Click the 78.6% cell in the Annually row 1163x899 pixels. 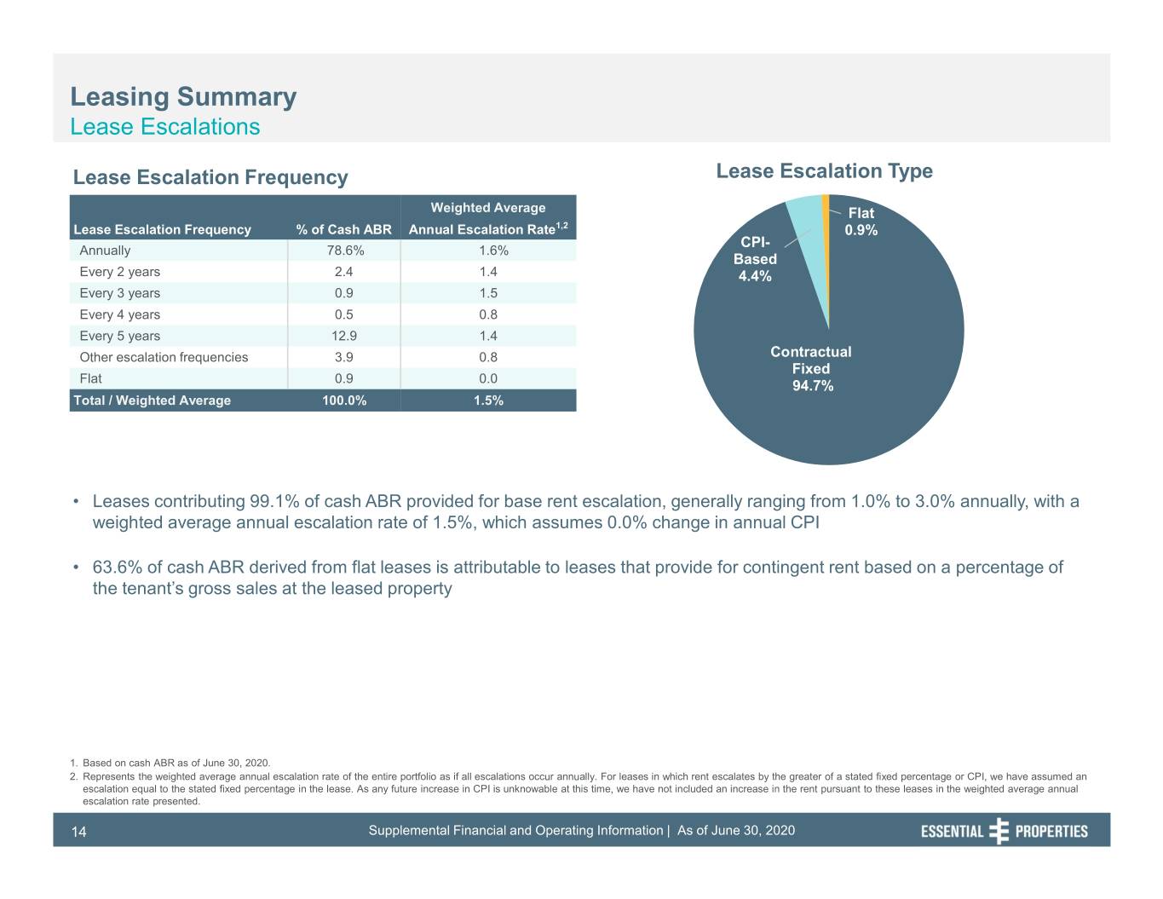tap(345, 251)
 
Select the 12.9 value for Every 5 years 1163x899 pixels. tap(343, 336)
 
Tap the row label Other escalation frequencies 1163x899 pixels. tap(164, 357)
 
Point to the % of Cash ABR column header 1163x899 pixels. tap(343, 229)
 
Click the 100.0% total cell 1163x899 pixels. tap(344, 401)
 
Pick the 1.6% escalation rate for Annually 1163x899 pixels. tap(493, 251)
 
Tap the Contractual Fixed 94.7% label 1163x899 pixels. tap(811, 369)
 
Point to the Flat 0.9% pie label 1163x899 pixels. tap(861, 222)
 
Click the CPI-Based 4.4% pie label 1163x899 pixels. tap(755, 259)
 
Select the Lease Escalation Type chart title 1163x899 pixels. tap(824, 171)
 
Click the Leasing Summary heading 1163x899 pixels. tap(183, 97)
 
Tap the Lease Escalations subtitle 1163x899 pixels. tap(164, 127)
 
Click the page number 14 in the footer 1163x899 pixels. tap(78, 832)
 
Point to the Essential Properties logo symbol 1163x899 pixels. tap(999, 831)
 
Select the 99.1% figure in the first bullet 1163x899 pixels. tap(274, 501)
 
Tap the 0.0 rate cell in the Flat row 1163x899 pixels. tap(488, 379)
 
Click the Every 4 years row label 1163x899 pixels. tap(120, 314)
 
